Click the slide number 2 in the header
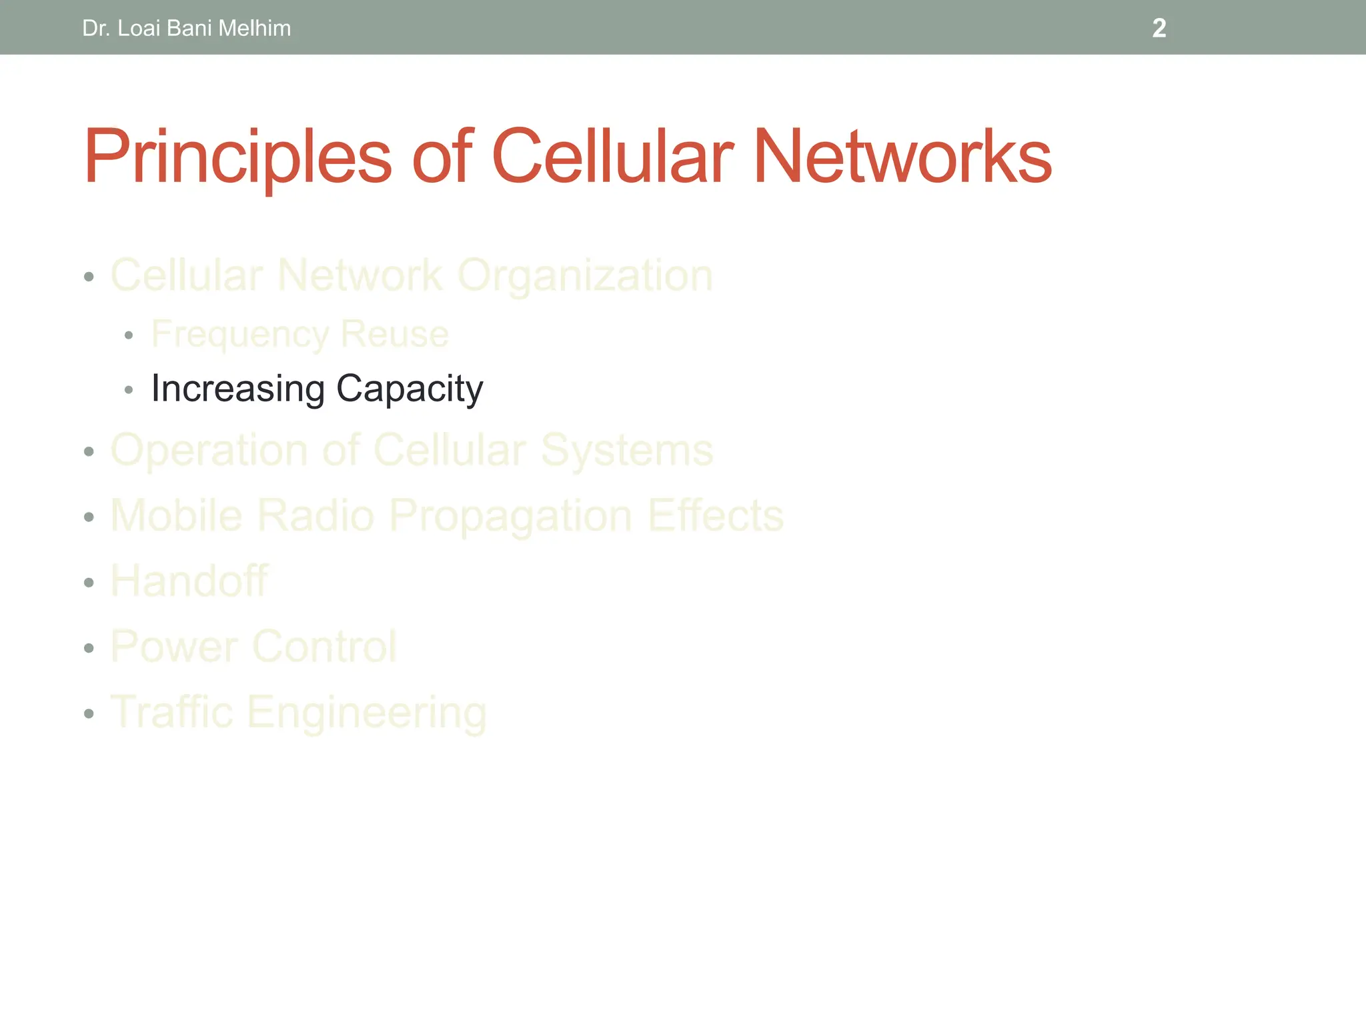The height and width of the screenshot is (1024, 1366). (1159, 28)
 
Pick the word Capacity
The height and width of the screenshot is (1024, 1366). (410, 389)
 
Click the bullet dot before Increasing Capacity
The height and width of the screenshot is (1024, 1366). (129, 389)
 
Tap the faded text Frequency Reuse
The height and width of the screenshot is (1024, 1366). (299, 334)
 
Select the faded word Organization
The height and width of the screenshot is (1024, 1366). (586, 275)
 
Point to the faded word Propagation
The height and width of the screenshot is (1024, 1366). (510, 516)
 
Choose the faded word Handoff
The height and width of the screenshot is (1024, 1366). (189, 581)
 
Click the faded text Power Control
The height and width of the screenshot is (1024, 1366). (253, 646)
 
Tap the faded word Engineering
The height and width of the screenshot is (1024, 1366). (366, 713)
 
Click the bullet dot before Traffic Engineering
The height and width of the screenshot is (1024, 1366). (89, 714)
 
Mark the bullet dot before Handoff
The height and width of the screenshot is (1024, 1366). (89, 583)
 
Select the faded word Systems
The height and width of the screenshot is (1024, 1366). (626, 451)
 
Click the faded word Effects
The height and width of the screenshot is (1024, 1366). (715, 515)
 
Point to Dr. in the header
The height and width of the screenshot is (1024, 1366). (96, 28)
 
